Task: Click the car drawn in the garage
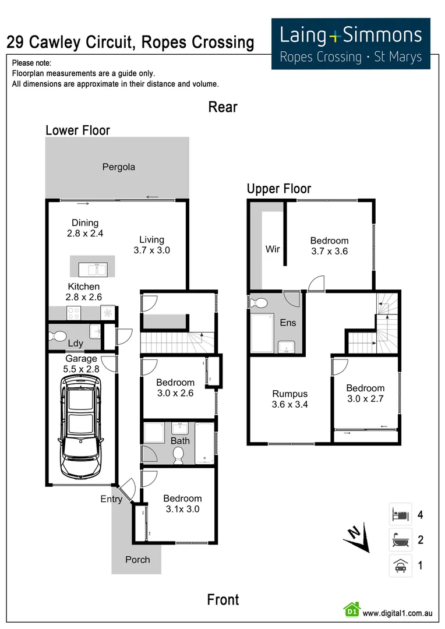pyautogui.click(x=82, y=425)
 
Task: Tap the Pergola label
pyautogui.click(x=119, y=167)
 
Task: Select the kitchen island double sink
pyautogui.click(x=93, y=269)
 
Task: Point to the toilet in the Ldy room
pyautogui.click(x=58, y=336)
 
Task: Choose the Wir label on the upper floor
pyautogui.click(x=273, y=249)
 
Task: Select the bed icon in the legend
pyautogui.click(x=400, y=515)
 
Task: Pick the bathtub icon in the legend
pyautogui.click(x=400, y=540)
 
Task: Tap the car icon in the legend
pyautogui.click(x=400, y=566)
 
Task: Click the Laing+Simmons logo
pyautogui.click(x=351, y=44)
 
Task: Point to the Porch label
pyautogui.click(x=137, y=560)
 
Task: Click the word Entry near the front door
pyautogui.click(x=111, y=499)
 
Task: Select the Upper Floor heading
pyautogui.click(x=279, y=189)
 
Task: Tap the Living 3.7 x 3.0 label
pyautogui.click(x=151, y=245)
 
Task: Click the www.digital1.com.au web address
pyautogui.click(x=397, y=613)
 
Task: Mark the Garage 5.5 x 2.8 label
pyautogui.click(x=82, y=364)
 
